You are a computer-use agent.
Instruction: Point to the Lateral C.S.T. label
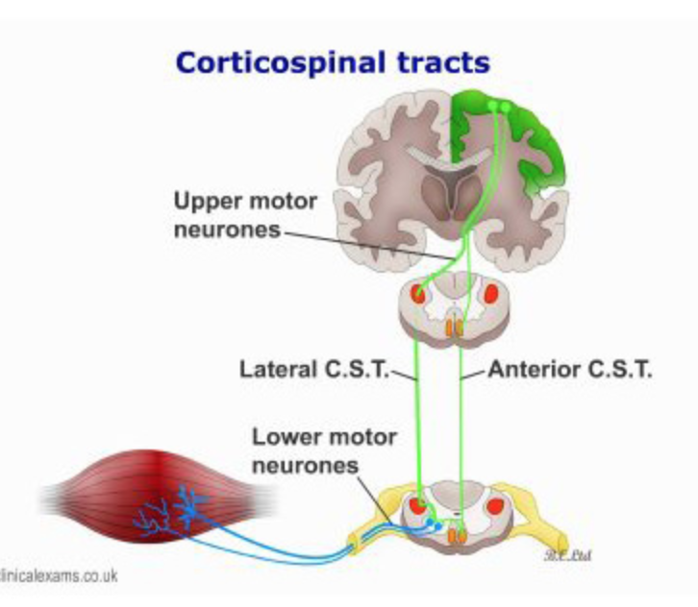click(x=312, y=368)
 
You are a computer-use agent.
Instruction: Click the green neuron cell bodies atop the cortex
click(x=499, y=105)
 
